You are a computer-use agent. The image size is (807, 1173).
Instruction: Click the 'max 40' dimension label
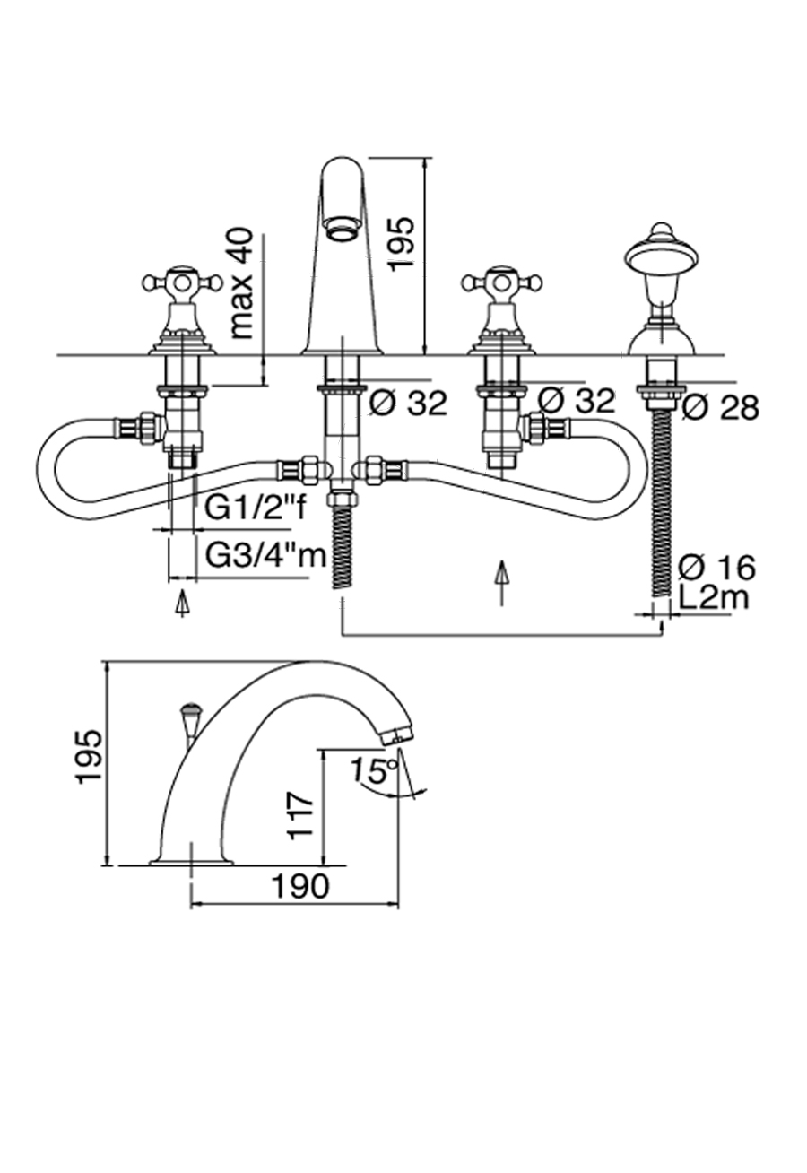point(242,283)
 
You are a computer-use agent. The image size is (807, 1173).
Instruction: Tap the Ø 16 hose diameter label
point(716,567)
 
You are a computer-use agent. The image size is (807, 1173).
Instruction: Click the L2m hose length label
point(714,596)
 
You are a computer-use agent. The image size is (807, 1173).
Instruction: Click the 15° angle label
point(374,769)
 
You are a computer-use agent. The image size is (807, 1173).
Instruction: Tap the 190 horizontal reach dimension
point(300,886)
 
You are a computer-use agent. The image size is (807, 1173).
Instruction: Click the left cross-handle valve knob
point(182,284)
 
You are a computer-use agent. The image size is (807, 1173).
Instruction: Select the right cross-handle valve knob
point(502,284)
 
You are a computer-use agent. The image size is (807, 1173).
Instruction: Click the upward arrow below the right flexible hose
point(501,582)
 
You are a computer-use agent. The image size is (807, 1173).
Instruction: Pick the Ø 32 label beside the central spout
point(408,404)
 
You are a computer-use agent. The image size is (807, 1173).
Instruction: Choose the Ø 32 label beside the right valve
point(577,400)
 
